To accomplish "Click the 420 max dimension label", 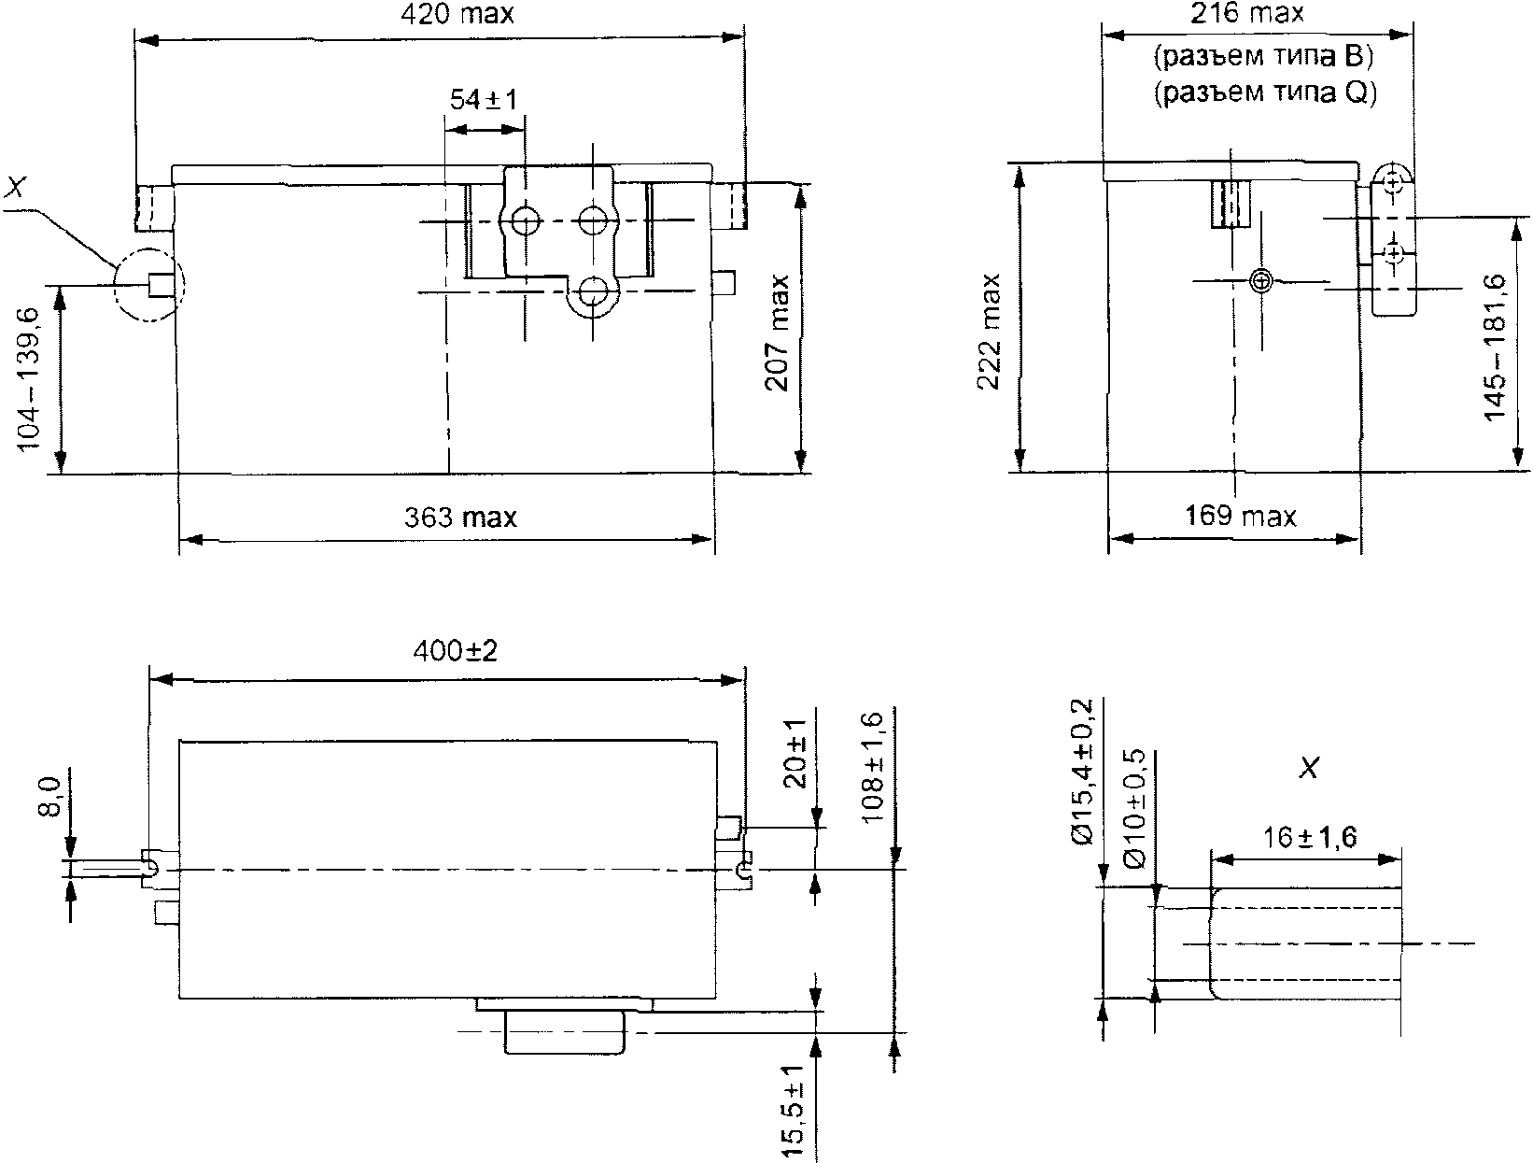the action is [457, 15].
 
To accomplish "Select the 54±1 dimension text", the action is [484, 100].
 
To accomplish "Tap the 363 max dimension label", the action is [460, 518].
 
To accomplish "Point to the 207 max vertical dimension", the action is [778, 333].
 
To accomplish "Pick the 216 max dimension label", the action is [1246, 13].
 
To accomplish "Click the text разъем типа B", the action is [1263, 57].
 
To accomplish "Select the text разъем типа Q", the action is [1265, 92].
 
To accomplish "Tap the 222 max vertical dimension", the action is [989, 332].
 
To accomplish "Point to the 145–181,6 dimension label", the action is [1495, 348].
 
